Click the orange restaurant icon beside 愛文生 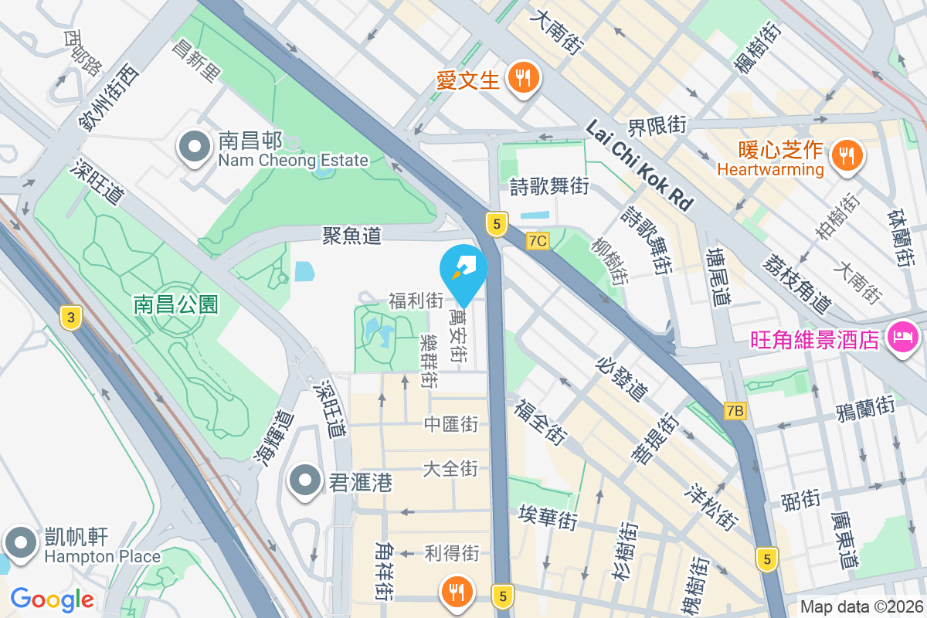pos(524,78)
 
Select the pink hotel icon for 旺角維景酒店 pos(901,338)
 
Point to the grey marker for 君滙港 pos(305,483)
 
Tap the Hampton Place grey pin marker pos(20,543)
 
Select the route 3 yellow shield pos(70,316)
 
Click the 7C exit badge pos(538,241)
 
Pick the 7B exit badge pos(735,412)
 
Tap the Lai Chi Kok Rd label pos(639,165)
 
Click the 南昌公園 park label pos(175,304)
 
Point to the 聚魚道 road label pos(352,236)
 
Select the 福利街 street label pos(416,301)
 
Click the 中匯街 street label pos(451,424)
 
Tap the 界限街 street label pos(657,125)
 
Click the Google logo pos(52,599)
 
